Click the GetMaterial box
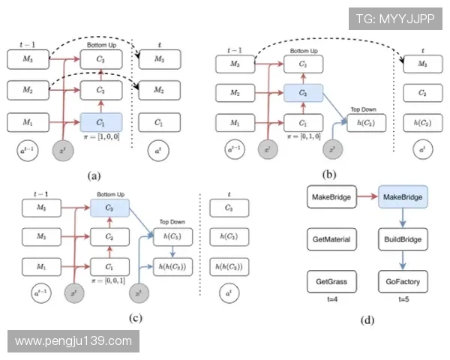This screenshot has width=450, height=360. (330, 240)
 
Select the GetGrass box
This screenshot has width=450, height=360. (330, 283)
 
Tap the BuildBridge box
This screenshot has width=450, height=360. (403, 240)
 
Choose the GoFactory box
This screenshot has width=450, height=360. (403, 283)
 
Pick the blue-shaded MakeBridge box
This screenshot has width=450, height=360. (403, 197)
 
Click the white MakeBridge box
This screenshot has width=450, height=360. (330, 197)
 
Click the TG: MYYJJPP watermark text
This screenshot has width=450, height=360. (395, 16)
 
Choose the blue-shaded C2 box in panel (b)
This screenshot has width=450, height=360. (303, 94)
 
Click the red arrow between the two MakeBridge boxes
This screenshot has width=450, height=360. (367, 197)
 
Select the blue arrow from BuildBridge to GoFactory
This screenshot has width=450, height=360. (403, 262)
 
